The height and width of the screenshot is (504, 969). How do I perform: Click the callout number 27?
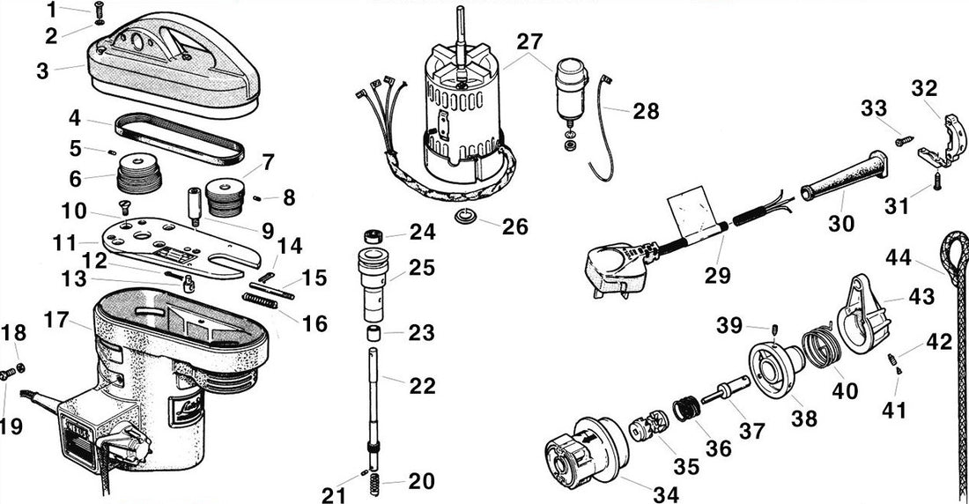click(x=529, y=41)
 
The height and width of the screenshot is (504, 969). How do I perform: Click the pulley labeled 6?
click(x=138, y=174)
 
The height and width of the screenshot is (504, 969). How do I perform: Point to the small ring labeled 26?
click(x=466, y=217)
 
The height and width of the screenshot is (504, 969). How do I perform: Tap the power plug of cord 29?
click(x=616, y=263)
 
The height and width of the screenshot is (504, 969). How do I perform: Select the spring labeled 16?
click(x=261, y=302)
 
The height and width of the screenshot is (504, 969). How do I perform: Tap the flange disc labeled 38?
click(x=771, y=370)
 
